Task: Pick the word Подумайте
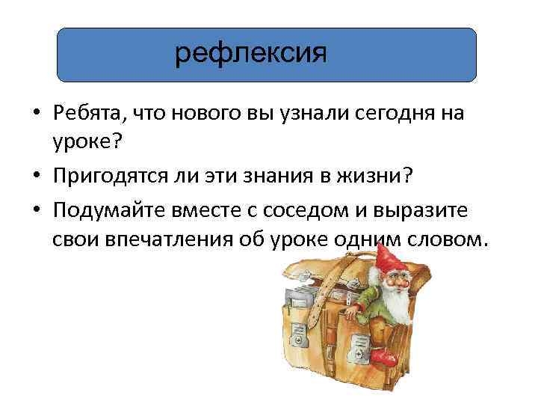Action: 109,212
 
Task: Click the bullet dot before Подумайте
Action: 36,212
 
